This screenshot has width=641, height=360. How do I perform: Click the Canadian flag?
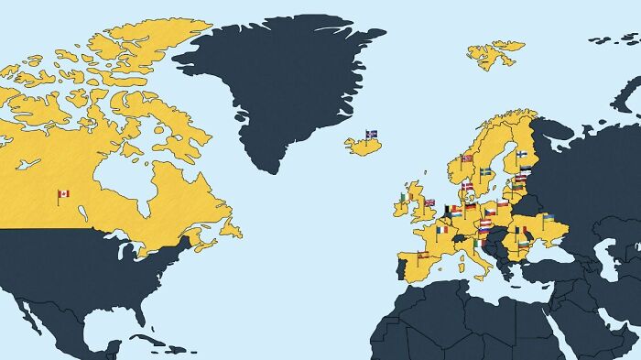click(x=63, y=194)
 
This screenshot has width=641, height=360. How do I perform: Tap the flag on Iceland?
click(x=372, y=134)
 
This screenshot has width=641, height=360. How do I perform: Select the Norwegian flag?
click(x=467, y=158)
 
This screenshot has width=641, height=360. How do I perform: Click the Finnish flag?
click(x=521, y=155)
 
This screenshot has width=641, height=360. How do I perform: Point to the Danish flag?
click(x=468, y=186)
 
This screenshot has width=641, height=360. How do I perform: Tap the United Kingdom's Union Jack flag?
click(x=429, y=202)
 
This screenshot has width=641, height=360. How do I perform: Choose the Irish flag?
click(x=403, y=197)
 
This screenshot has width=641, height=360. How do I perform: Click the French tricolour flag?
click(x=443, y=230)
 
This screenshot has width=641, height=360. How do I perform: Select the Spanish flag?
click(x=422, y=254)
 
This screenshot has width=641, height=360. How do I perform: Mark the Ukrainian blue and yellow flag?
click(x=549, y=218)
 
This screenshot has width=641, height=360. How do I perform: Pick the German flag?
click(x=471, y=207)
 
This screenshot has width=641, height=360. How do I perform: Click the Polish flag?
click(x=503, y=203)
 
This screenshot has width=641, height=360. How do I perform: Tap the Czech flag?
click(x=490, y=213)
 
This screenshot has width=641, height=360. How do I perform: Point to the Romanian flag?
click(x=521, y=230)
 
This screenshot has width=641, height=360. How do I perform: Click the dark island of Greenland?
click(x=275, y=82)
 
